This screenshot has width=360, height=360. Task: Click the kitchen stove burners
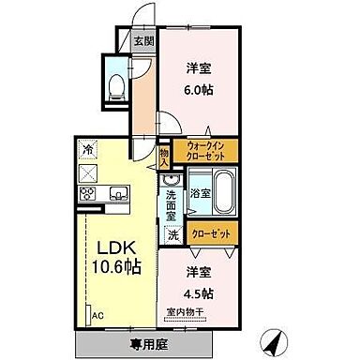click(87, 194)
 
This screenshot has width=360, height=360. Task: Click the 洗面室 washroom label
click(172, 204)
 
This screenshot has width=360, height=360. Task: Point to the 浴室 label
click(200, 194)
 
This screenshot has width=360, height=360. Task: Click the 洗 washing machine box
click(172, 235)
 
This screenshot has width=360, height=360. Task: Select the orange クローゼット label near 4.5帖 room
click(212, 234)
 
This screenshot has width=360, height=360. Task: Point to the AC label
click(96, 315)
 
